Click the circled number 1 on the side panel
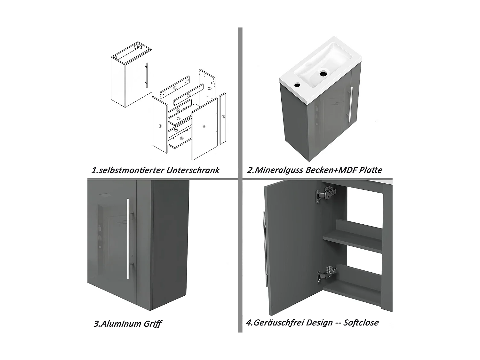click(160, 126)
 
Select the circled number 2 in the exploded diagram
click(210, 89)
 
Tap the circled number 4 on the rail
click(175, 88)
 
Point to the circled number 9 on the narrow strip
click(223, 117)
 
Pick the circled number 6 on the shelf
click(179, 118)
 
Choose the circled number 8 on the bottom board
click(182, 138)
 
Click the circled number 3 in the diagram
click(189, 95)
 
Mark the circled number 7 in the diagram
click(176, 130)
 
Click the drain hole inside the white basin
click(323, 74)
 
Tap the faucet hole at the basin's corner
click(297, 84)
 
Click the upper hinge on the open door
click(326, 194)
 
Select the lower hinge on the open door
click(326, 274)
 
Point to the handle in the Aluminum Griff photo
click(128, 239)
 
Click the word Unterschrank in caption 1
click(193, 170)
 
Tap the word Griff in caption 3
click(152, 324)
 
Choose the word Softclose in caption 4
click(361, 323)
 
